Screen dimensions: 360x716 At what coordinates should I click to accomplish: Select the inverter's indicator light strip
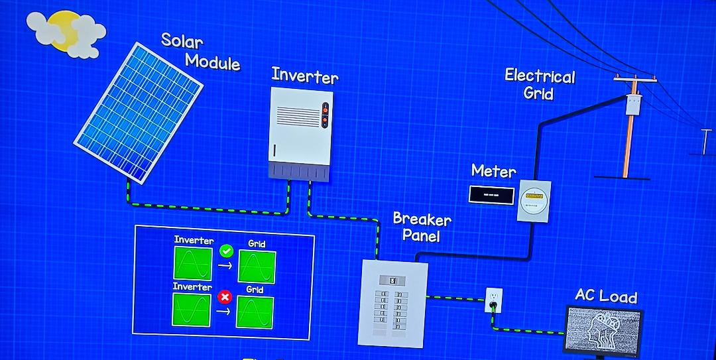(x=325, y=114)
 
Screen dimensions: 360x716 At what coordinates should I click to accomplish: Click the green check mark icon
(x=225, y=251)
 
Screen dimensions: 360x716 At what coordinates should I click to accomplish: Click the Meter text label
(x=493, y=171)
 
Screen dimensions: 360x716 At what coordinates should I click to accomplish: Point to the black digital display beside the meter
(x=491, y=195)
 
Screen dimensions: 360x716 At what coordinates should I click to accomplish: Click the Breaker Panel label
(x=422, y=226)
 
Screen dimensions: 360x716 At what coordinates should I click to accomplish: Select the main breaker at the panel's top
(x=392, y=280)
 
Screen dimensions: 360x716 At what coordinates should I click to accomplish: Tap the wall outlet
(x=493, y=300)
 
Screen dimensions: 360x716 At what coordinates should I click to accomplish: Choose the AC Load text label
(x=605, y=296)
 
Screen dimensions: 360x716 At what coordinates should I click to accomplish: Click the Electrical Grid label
(x=539, y=84)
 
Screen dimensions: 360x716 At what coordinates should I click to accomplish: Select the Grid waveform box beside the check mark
(x=257, y=267)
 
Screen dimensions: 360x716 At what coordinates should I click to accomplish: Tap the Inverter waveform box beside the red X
(x=192, y=310)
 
